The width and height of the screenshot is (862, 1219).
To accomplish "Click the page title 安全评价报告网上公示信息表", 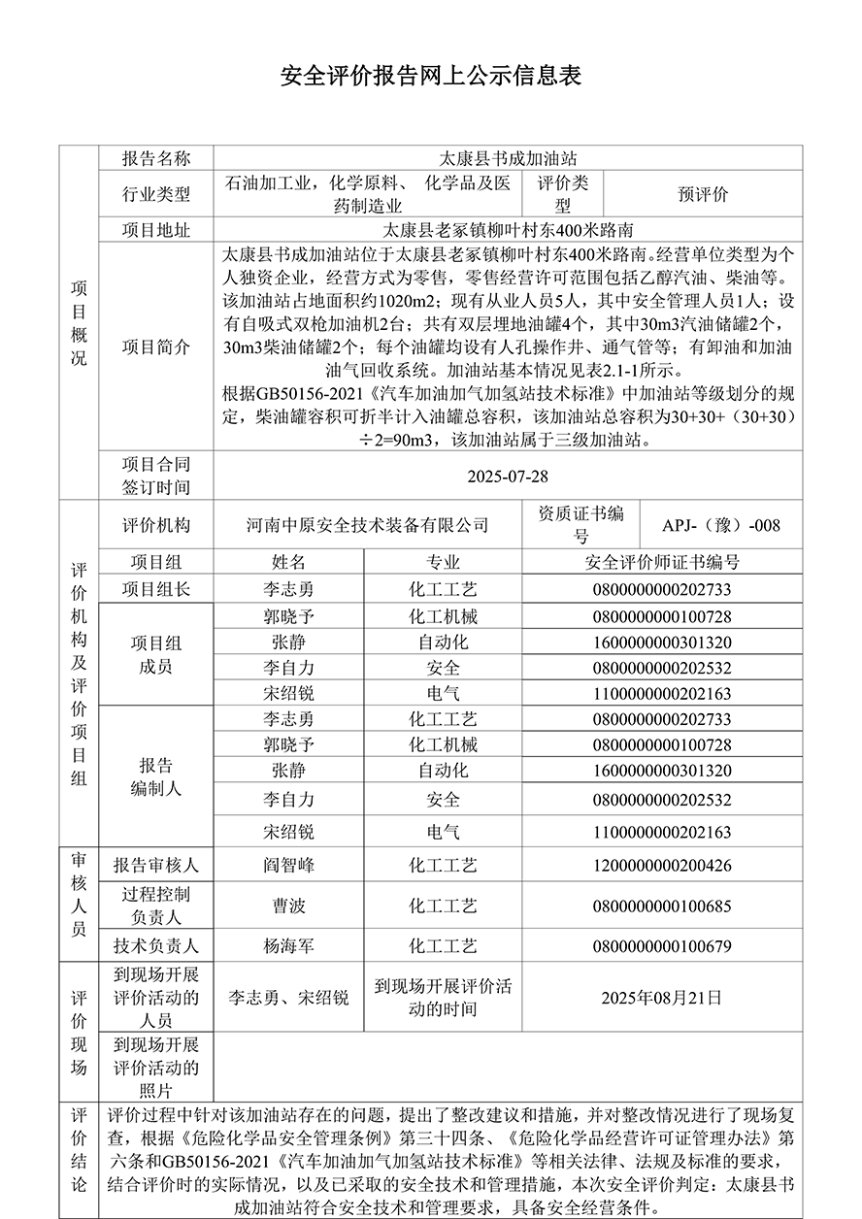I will click(x=430, y=77).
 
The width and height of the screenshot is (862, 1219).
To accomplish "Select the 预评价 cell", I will click(x=702, y=194).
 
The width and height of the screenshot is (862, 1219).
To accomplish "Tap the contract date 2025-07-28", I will click(x=508, y=477).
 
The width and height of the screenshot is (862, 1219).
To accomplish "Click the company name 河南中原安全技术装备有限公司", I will click(x=366, y=525).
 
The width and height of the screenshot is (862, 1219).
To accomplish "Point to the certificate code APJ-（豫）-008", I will click(x=721, y=525).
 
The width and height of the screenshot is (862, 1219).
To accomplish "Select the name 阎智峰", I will click(x=288, y=865).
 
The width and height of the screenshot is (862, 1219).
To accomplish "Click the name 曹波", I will click(x=288, y=906).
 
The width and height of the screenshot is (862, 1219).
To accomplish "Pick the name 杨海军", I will click(x=288, y=945).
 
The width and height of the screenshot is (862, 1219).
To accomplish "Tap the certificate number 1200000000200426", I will click(x=662, y=865).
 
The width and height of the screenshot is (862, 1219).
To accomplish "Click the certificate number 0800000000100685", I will click(x=662, y=906).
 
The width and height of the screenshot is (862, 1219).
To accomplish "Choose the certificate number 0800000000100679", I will click(x=662, y=945).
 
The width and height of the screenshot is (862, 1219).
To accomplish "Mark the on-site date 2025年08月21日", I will click(x=662, y=997).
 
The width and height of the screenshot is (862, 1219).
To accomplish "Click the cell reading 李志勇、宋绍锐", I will click(x=288, y=997).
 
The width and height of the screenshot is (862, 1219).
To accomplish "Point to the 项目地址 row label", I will click(x=155, y=230).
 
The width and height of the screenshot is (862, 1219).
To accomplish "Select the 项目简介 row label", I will click(x=155, y=346).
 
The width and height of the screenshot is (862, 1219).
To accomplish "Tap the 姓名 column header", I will click(x=288, y=562).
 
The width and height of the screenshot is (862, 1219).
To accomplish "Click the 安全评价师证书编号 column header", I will click(x=662, y=562).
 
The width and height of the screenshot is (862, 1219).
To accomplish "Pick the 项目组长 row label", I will click(x=155, y=589).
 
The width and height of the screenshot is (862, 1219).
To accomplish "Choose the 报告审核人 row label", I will click(x=155, y=865).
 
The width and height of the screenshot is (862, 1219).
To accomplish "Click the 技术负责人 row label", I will click(x=155, y=945).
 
